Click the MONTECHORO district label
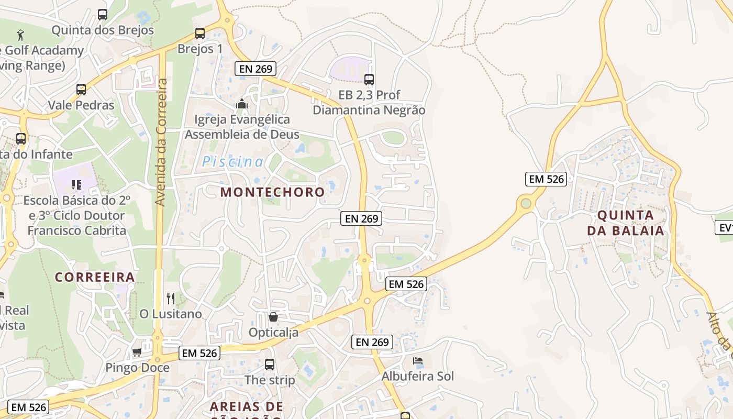click(272, 192)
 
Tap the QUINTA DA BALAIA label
click(625, 223)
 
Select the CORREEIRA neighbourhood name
click(95, 277)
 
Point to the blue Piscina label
click(233, 162)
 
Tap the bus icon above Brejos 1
click(199, 34)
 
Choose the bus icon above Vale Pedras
click(81, 90)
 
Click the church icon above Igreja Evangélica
click(241, 104)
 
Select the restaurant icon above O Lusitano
click(170, 299)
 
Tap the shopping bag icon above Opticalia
click(273, 317)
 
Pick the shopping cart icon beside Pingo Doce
click(137, 352)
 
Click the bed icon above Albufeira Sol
click(417, 361)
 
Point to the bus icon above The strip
click(270, 365)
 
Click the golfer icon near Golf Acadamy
click(21, 35)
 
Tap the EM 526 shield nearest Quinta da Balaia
click(546, 179)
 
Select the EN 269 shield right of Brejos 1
click(255, 69)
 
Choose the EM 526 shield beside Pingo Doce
click(199, 353)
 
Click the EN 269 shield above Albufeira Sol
click(372, 342)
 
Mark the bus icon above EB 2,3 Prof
click(369, 80)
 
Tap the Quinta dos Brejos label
click(103, 30)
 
